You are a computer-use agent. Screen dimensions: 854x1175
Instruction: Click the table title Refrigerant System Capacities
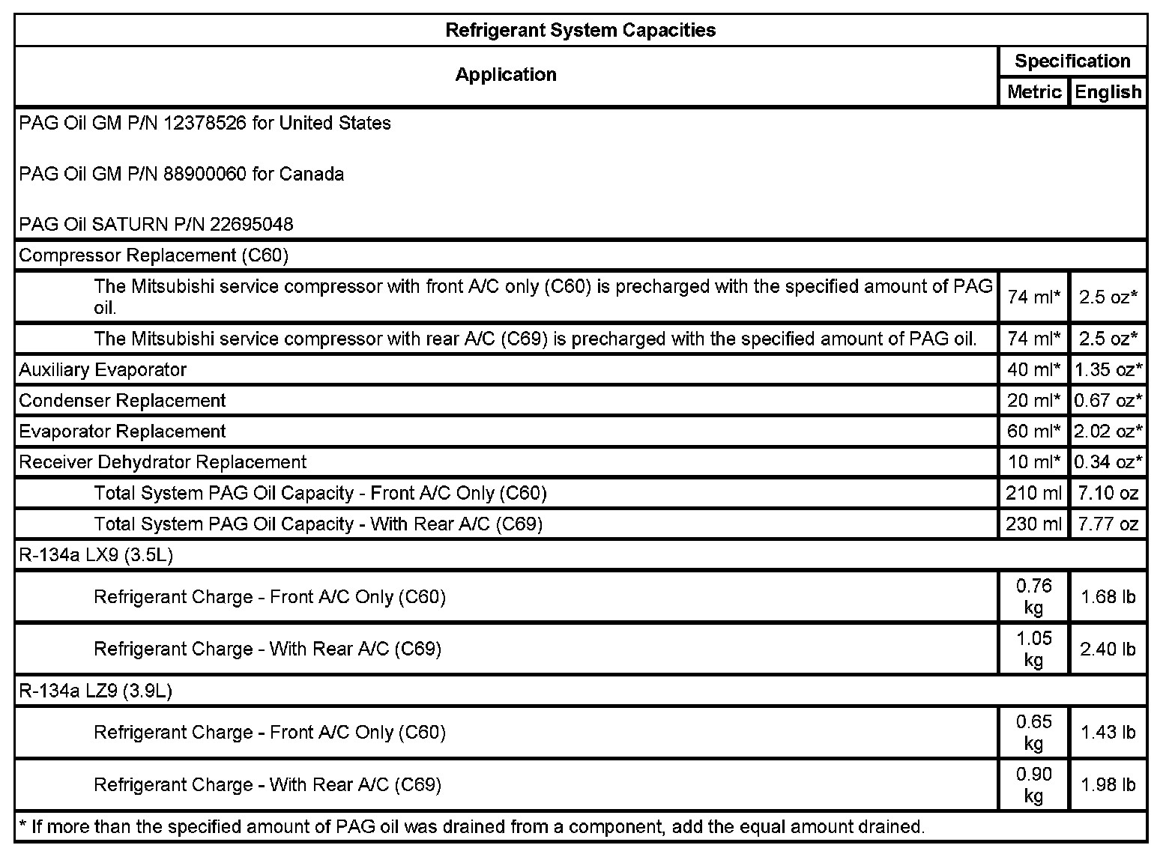coord(580,30)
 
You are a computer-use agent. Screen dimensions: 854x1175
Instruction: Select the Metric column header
coord(1033,91)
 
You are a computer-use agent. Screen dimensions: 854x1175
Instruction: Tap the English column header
coord(1108,91)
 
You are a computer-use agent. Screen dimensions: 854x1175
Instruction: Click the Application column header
coord(506,74)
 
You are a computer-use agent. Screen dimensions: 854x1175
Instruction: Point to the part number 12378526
coord(204,123)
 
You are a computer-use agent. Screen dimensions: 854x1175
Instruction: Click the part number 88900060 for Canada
coord(204,174)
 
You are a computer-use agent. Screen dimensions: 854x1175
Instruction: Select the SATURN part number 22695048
coord(251,224)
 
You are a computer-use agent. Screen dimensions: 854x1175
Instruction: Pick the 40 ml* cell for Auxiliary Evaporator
coord(1033,369)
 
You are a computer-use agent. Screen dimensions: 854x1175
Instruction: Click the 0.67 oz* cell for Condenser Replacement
coord(1108,400)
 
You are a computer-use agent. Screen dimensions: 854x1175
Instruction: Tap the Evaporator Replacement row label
coord(122,431)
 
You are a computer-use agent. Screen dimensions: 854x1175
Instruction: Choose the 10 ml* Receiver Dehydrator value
coord(1033,461)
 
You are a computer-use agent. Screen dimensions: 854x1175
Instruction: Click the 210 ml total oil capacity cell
coord(1033,493)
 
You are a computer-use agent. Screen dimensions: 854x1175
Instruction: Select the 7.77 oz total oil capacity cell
coord(1108,524)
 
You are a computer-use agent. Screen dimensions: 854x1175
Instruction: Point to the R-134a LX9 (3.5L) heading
coord(96,555)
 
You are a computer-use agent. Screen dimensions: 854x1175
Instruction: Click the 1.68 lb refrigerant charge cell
coord(1108,597)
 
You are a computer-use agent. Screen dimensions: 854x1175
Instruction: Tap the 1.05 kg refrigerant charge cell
coord(1033,649)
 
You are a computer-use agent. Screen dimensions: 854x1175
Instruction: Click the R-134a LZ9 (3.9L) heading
coord(96,691)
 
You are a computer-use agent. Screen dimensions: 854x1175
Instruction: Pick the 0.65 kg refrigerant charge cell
coord(1033,732)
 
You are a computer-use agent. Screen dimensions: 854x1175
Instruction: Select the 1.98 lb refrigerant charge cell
coord(1108,784)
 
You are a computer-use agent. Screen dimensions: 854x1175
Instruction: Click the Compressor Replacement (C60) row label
coord(154,255)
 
